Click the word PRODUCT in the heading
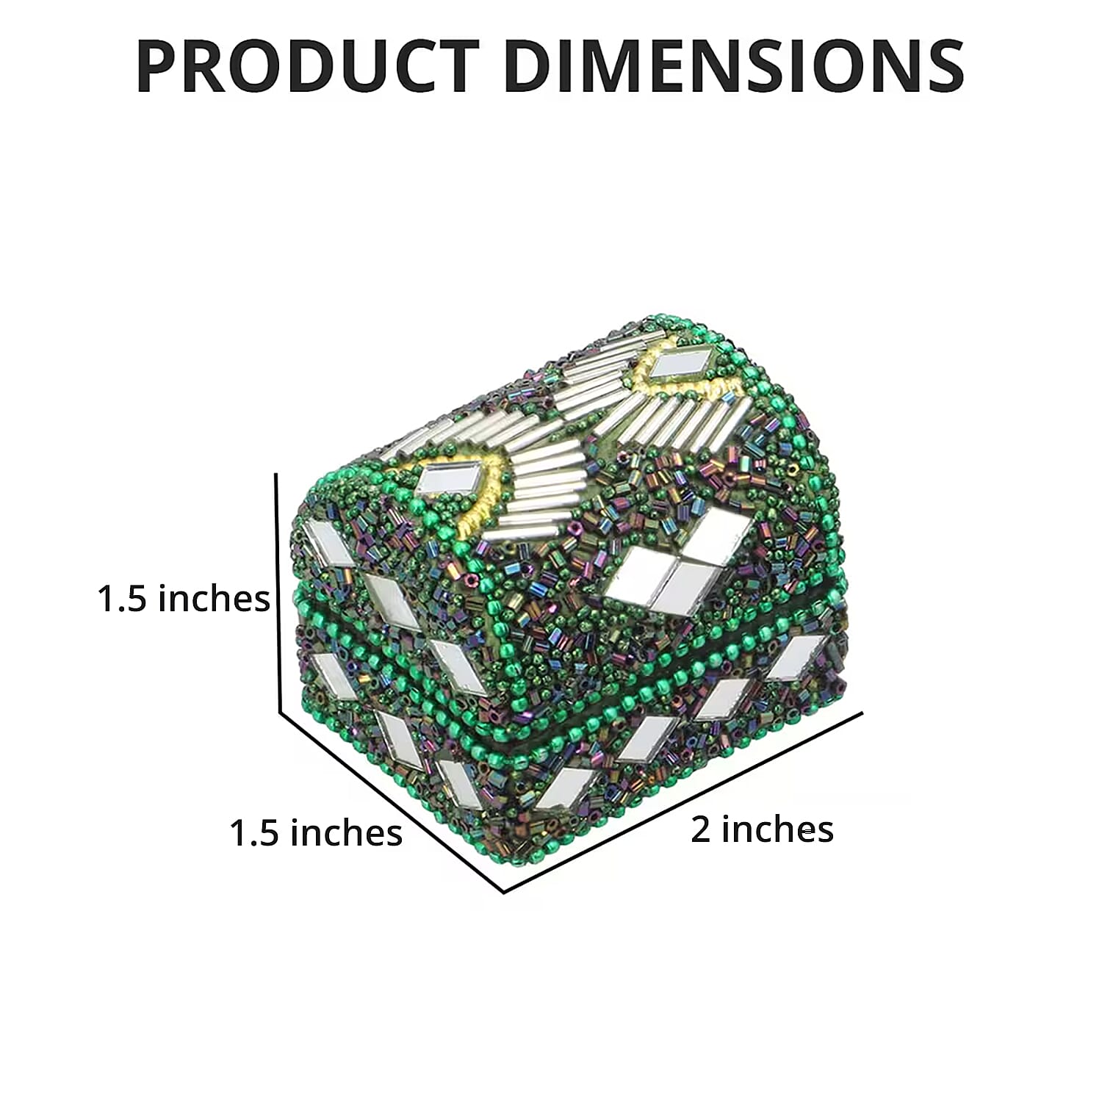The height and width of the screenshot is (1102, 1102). coord(308,66)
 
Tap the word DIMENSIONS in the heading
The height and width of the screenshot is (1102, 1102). coord(734,66)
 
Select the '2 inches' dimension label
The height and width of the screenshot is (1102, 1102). coord(762,829)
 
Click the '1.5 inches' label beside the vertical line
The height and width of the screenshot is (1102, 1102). coord(184,598)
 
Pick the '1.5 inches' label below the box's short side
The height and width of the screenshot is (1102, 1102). coord(316,832)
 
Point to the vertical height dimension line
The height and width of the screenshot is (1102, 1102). coord(278,592)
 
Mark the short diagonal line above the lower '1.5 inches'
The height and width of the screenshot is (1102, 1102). coord(391,802)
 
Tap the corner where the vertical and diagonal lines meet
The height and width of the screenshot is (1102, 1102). coord(279,711)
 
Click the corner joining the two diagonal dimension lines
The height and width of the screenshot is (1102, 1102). coord(504,892)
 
